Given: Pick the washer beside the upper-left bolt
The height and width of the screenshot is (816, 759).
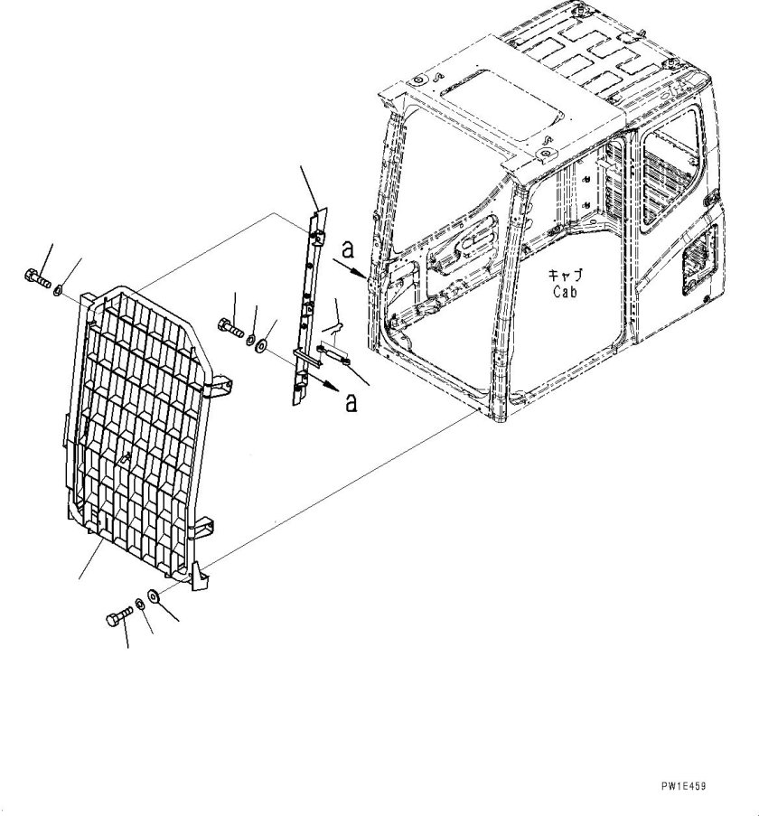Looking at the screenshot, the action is [x=57, y=290].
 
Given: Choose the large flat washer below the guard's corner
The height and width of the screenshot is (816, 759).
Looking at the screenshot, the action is [x=155, y=596].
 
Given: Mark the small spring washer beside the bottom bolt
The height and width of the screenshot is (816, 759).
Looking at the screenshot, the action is [x=139, y=604].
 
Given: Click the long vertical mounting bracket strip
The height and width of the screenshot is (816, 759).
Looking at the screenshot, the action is [x=306, y=298].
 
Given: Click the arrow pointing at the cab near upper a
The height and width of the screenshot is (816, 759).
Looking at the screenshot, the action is [x=353, y=264].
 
